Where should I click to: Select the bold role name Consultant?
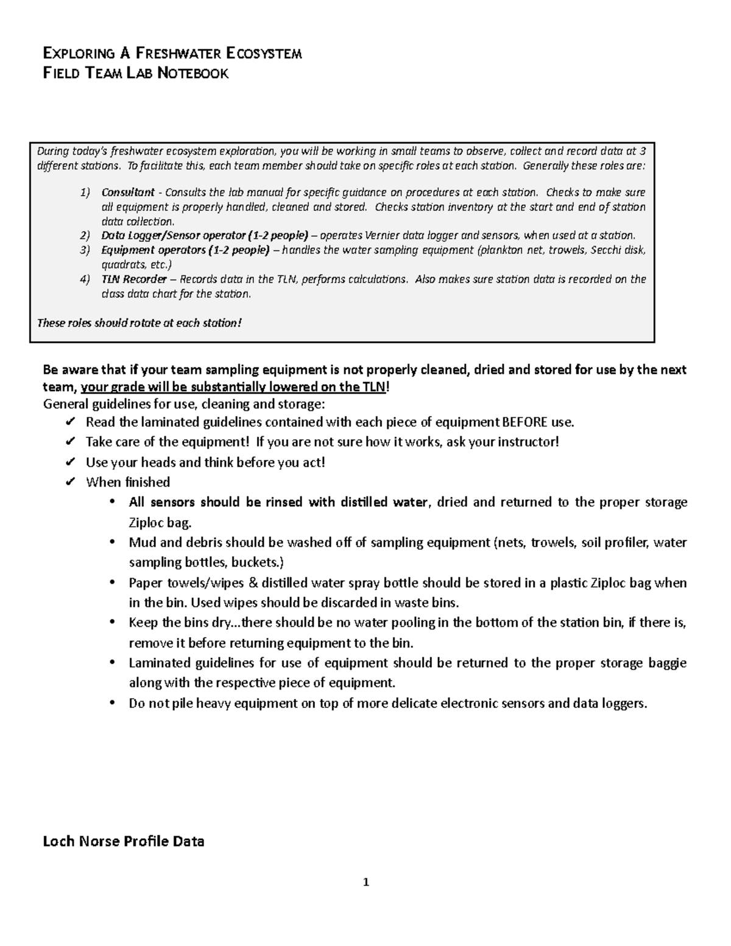[x=128, y=192]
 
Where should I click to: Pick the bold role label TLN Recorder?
[x=133, y=280]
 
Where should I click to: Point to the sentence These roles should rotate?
[x=139, y=323]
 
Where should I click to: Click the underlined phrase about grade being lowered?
[x=233, y=387]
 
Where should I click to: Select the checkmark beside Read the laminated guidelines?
[x=69, y=422]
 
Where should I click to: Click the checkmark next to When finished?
[x=69, y=482]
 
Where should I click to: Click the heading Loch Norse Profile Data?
[x=124, y=842]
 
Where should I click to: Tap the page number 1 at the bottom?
[x=365, y=881]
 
